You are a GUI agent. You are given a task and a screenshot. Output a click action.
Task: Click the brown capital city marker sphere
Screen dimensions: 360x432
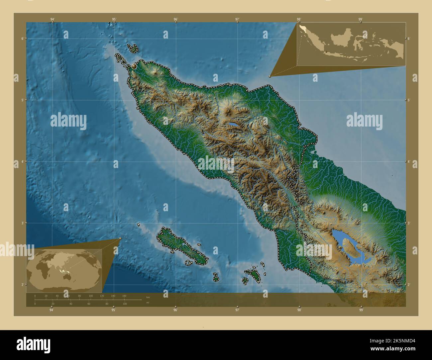tap(134, 66)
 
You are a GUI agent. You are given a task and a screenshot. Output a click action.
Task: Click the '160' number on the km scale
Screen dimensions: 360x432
tap(124, 296)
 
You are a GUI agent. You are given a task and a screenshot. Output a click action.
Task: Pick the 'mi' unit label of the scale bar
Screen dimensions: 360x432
tap(148, 303)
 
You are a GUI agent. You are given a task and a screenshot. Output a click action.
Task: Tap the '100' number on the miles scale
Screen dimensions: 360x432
tap(125, 304)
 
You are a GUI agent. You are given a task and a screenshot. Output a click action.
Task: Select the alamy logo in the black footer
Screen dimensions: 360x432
tap(33, 344)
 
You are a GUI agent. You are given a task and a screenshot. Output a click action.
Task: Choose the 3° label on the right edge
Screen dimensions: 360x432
tap(409, 223)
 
